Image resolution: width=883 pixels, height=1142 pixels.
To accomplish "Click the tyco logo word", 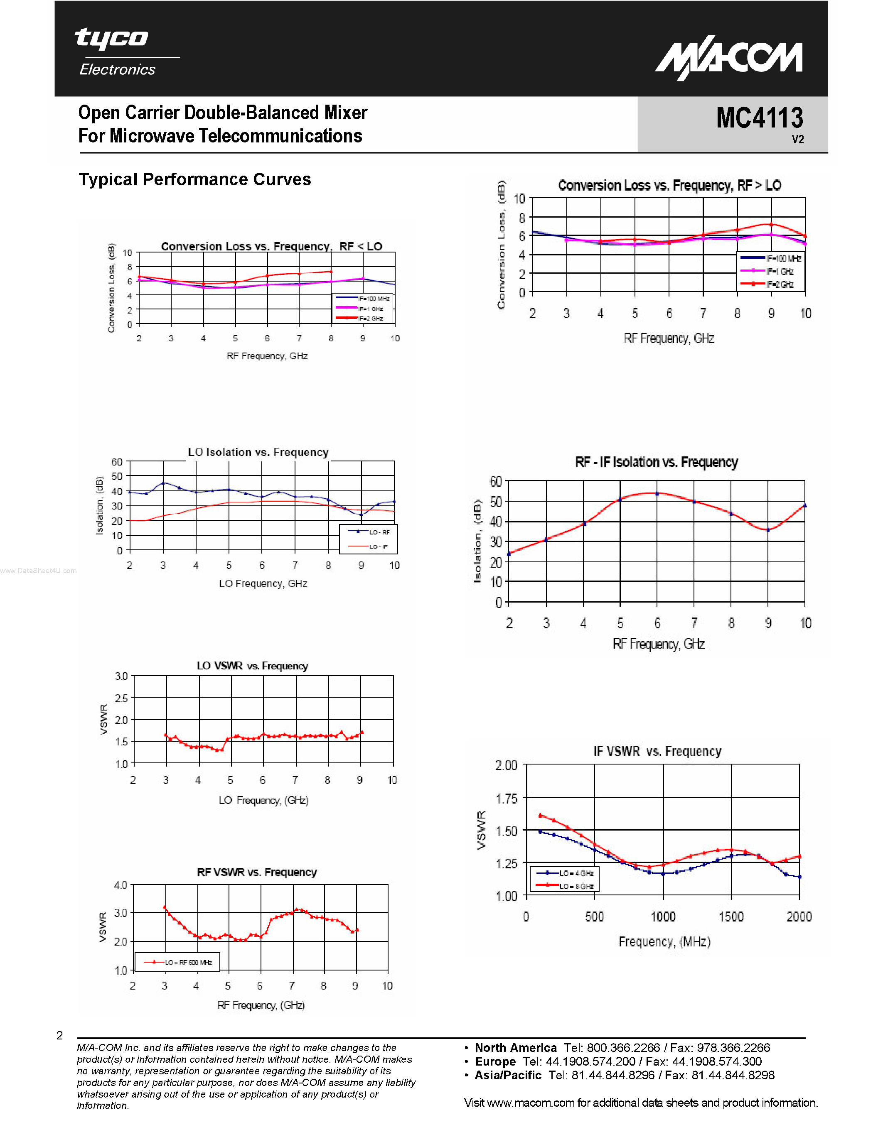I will [x=111, y=39].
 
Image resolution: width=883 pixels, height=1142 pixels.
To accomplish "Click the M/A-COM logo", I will [x=729, y=60].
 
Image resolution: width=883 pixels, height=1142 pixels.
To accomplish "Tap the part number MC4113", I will [x=759, y=118].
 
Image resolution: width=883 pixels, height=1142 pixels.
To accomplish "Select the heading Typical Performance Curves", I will [x=194, y=179].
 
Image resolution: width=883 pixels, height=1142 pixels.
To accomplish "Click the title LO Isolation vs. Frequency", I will [x=258, y=452].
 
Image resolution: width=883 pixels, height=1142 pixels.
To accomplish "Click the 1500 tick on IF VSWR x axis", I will [x=731, y=917].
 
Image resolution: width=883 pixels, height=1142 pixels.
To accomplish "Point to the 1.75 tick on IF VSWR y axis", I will [x=506, y=799].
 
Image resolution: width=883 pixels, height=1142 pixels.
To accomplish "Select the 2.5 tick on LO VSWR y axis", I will [x=121, y=698].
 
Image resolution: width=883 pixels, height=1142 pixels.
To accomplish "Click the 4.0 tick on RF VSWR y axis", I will [x=121, y=885].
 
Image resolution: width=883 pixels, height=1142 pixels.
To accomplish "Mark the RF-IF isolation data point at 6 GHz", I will [x=657, y=494].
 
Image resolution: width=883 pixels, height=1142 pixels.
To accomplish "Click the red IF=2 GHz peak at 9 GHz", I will [x=771, y=225].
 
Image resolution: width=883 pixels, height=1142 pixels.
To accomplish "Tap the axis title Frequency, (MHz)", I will [x=664, y=942].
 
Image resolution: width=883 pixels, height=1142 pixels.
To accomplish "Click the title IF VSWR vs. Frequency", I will [x=657, y=751].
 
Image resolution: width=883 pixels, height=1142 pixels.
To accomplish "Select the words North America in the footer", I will [x=515, y=1048].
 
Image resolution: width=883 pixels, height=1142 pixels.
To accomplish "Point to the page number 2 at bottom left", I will [x=60, y=1035].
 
